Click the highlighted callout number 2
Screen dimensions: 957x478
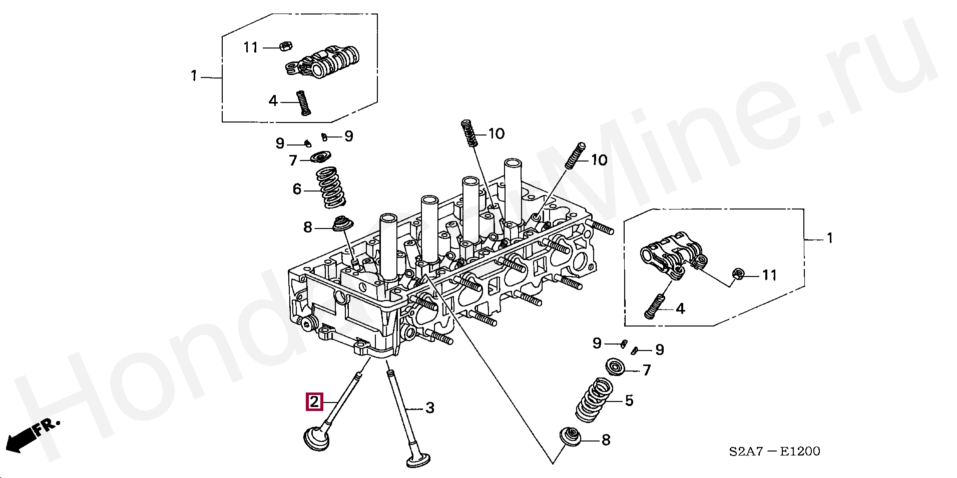tap(314, 401)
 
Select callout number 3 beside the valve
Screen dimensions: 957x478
tap(429, 408)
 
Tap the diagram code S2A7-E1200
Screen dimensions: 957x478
tap(774, 451)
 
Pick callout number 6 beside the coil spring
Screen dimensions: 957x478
tap(297, 189)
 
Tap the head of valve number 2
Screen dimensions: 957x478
tap(318, 438)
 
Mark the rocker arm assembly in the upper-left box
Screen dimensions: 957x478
tap(322, 61)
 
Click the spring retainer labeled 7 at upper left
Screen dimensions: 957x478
tap(319, 157)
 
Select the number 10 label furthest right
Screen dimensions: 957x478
tap(599, 160)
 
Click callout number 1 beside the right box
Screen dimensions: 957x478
tap(829, 238)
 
